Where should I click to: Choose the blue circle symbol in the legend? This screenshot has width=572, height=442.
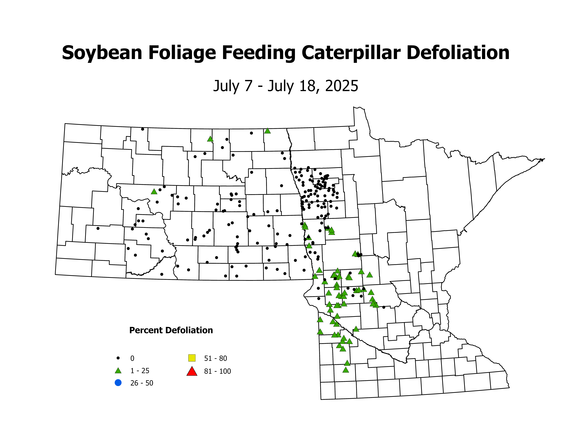[118, 383]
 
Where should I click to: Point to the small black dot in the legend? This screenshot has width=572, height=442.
[118, 358]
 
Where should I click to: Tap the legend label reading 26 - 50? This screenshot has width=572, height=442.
[142, 383]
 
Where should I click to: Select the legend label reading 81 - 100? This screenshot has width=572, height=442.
[217, 371]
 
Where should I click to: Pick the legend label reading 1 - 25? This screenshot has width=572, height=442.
[140, 371]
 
